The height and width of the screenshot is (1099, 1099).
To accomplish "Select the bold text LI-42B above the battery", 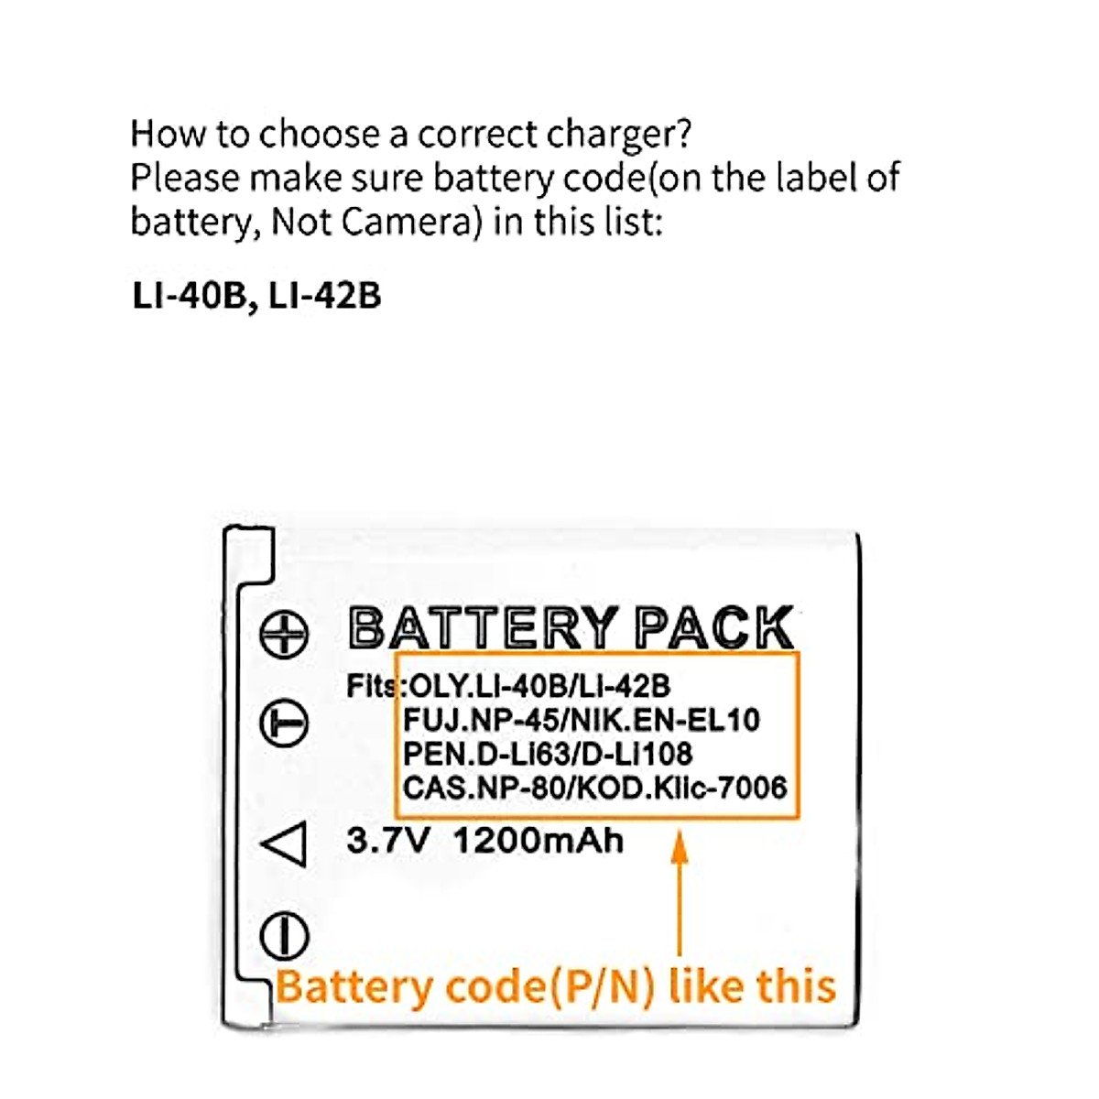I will (x=325, y=296).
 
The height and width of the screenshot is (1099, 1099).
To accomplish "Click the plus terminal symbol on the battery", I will (x=284, y=634).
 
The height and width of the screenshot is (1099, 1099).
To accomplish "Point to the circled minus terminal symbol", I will (x=284, y=724).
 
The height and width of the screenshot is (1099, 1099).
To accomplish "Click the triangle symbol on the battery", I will (x=286, y=843).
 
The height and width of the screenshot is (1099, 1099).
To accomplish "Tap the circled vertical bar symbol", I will (x=284, y=936).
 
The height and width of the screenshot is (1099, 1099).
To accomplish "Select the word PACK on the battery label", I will (x=714, y=629).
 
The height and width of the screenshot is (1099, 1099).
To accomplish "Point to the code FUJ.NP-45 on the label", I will (x=481, y=720).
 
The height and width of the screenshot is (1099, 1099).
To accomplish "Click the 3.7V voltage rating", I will (x=387, y=841).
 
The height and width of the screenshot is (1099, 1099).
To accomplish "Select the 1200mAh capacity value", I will (x=539, y=841).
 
